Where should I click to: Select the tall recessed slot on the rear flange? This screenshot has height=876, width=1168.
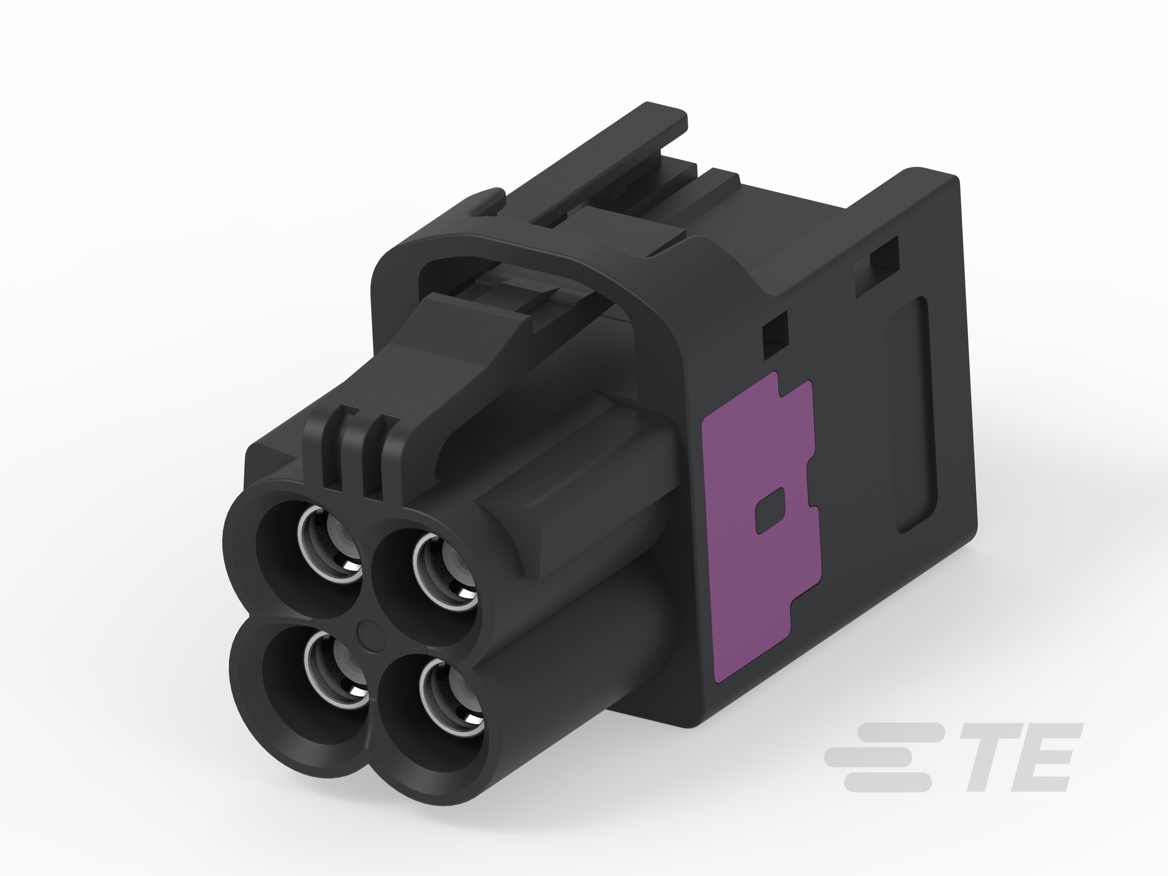point(912,414)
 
